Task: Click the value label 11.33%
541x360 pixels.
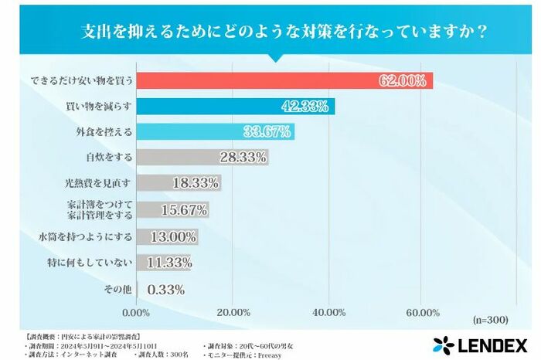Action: coord(168,263)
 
